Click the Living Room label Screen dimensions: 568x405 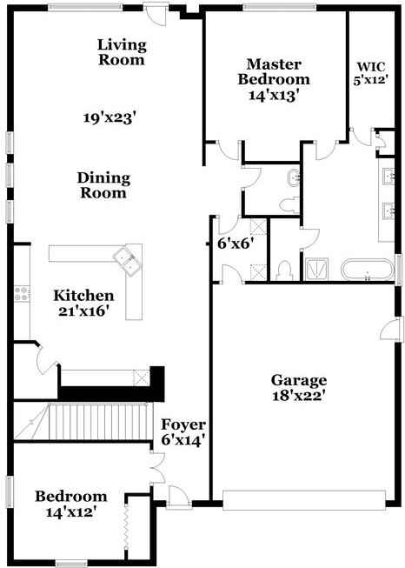pyautogui.click(x=122, y=52)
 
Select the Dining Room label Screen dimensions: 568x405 pyautogui.click(x=103, y=185)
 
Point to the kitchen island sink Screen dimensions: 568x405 pyautogui.click(x=127, y=259)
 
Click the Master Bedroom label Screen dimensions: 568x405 pyautogui.click(x=274, y=79)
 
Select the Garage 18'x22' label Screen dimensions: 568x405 pyautogui.click(x=298, y=387)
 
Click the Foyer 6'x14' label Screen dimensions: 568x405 pyautogui.click(x=183, y=432)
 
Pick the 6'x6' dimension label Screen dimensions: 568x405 pyautogui.click(x=234, y=244)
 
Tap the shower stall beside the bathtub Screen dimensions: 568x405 pyautogui.click(x=316, y=271)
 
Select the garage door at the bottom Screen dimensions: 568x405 pyautogui.click(x=303, y=498)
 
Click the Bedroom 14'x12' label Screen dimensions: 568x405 pyautogui.click(x=71, y=504)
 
